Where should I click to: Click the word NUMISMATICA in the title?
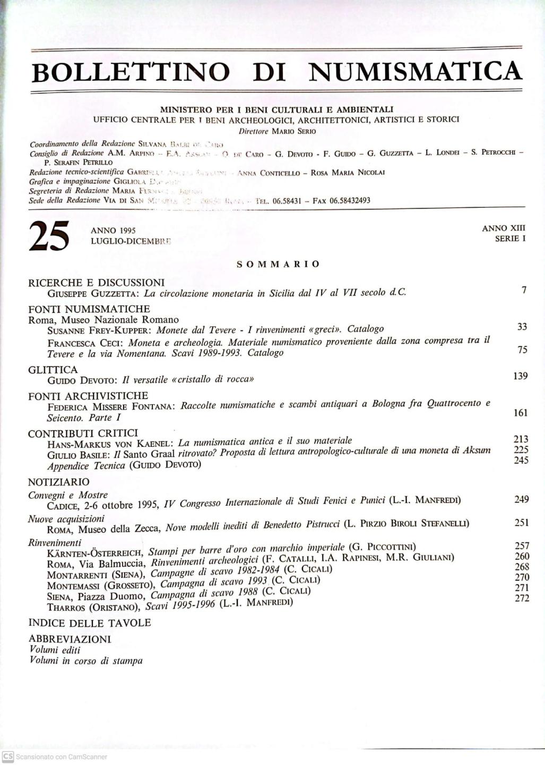pos(415,72)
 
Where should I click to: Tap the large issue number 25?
pos(49,236)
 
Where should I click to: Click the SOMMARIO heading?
pos(278,264)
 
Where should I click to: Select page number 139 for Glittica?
pos(520,376)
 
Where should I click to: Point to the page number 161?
pos(520,413)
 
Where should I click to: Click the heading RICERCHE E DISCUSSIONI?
pos(97,283)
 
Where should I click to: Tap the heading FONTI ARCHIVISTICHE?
pos(88,396)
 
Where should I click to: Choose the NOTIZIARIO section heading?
pos(59,482)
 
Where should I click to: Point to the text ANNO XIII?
pos(503,228)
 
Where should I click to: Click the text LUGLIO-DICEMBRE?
pos(131,241)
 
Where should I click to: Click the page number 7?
pos(523,290)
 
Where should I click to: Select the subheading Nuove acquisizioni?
pos(66,519)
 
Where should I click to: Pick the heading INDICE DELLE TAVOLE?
pos(90,623)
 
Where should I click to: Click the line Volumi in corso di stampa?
pos(86,661)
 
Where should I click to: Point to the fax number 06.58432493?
pos(350,201)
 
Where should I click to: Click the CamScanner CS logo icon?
pos(7,756)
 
